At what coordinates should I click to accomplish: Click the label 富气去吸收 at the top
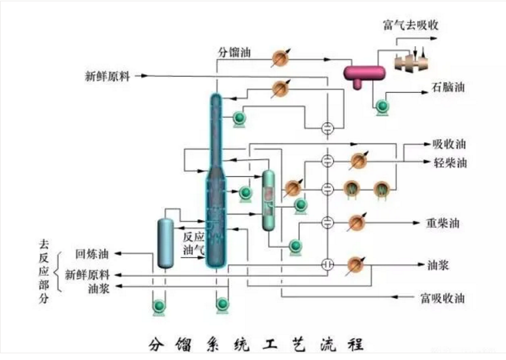pos(410,25)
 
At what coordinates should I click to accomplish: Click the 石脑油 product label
pos(447,87)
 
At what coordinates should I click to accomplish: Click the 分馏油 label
pos(235,52)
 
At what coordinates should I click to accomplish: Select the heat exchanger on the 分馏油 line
pos(281,58)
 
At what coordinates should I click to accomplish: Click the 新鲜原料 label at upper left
pos(107,75)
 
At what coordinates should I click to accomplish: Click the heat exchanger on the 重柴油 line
pos(358,221)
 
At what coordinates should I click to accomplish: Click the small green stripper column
pos(269,200)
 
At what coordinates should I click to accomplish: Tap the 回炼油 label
pos(91,254)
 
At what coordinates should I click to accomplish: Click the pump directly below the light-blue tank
pos(158,306)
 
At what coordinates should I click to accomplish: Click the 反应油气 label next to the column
pos(193,243)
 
